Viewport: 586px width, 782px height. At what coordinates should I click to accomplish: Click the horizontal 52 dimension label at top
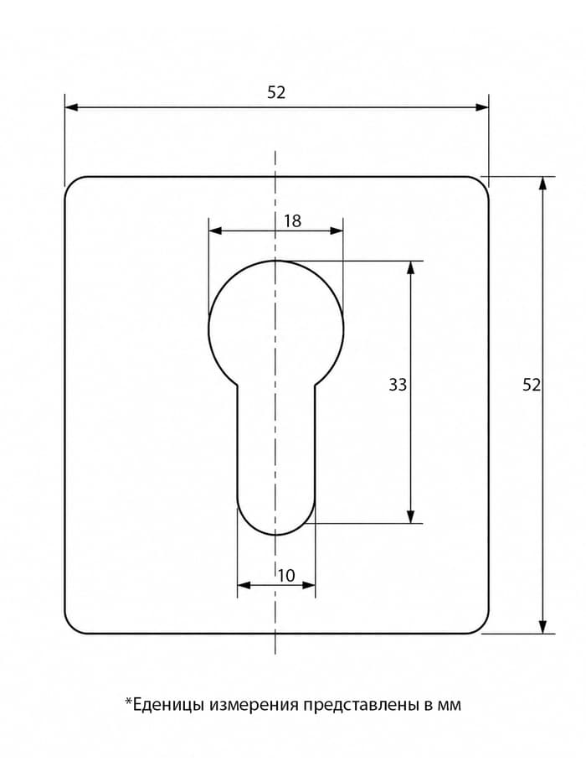(276, 93)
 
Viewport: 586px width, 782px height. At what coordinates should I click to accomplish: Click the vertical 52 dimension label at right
(532, 385)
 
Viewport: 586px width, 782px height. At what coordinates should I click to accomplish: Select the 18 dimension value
(292, 220)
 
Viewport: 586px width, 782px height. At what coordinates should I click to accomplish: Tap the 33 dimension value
(398, 385)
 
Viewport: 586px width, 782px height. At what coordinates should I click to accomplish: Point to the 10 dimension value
(286, 576)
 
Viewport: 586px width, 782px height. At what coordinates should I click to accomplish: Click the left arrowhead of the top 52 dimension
(71, 107)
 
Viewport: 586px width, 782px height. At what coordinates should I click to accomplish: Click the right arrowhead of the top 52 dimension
(482, 107)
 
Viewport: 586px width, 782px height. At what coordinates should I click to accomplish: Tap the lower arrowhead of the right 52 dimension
(543, 627)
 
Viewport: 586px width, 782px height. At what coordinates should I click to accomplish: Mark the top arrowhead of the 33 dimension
(410, 267)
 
